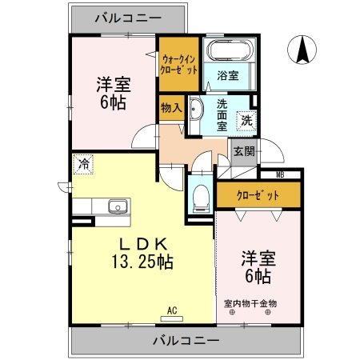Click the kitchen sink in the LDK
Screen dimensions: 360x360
coord(117,206)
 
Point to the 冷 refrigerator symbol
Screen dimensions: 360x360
coord(83,165)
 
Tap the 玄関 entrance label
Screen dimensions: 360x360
coord(244,151)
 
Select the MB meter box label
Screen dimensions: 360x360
coord(280,174)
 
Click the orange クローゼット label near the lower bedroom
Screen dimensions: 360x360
coord(258,195)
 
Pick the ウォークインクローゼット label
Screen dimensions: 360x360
coord(178,63)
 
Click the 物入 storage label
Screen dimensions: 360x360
coord(170,106)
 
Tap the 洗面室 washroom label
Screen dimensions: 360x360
coord(221,114)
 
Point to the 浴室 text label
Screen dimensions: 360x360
coord(227,77)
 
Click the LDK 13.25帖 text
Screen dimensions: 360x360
coord(143,253)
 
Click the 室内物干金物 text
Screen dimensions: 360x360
coord(250,303)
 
